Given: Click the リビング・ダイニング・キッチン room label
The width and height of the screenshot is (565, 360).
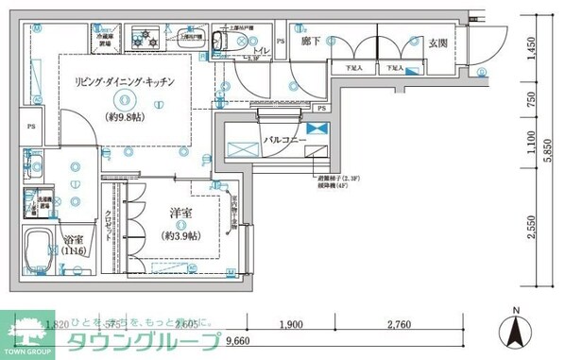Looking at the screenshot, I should [126, 82].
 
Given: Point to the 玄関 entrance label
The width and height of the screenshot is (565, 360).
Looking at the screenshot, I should [437, 43].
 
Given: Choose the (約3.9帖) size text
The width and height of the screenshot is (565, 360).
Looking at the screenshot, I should [180, 237].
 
